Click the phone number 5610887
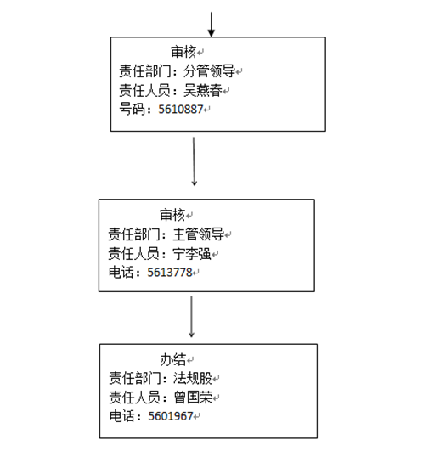point(181,110)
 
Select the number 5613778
point(170,273)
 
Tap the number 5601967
point(171,416)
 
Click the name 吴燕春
point(203,90)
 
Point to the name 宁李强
point(192,254)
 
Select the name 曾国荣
point(193,398)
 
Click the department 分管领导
point(209,71)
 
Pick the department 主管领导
point(198,234)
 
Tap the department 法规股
point(193,378)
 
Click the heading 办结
point(173,359)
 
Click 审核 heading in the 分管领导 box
point(183,52)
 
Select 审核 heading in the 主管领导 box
point(172,215)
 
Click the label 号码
point(133,109)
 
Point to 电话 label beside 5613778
point(121,272)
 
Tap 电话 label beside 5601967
point(122,416)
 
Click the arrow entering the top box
point(212,25)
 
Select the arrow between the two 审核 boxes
point(194,161)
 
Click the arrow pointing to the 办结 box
point(191,317)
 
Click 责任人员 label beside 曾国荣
point(134,398)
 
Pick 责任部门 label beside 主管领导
point(133,234)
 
